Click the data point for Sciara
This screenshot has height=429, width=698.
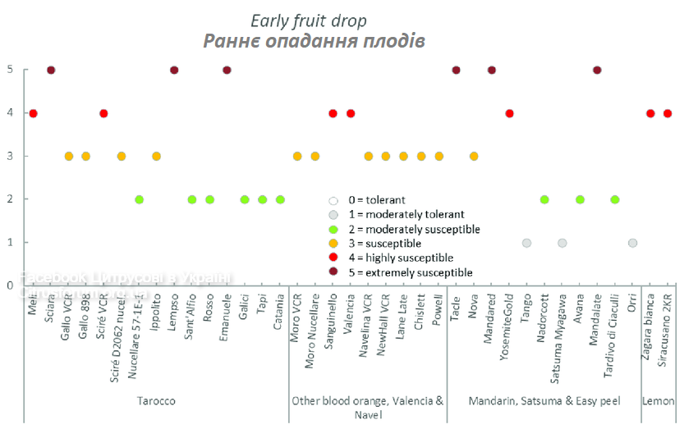pyautogui.click(x=51, y=70)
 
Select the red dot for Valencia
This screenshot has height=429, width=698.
pyautogui.click(x=351, y=113)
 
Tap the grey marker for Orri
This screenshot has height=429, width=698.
pyautogui.click(x=632, y=243)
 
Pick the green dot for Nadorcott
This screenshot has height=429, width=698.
pyautogui.click(x=544, y=199)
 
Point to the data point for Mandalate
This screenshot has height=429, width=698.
pyautogui.click(x=597, y=70)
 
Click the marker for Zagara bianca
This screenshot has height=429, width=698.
pyautogui.click(x=650, y=113)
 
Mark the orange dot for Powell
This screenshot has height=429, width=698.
pyautogui.click(x=439, y=156)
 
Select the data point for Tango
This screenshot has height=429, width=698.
pyautogui.click(x=526, y=243)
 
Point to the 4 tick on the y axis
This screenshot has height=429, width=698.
pyautogui.click(x=10, y=113)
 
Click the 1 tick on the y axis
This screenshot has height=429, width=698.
pyautogui.click(x=10, y=243)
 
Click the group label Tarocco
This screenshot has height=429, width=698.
pyautogui.click(x=156, y=401)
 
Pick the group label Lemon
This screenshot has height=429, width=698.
pyautogui.click(x=659, y=401)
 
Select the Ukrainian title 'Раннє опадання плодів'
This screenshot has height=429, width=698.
pyautogui.click(x=314, y=41)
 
